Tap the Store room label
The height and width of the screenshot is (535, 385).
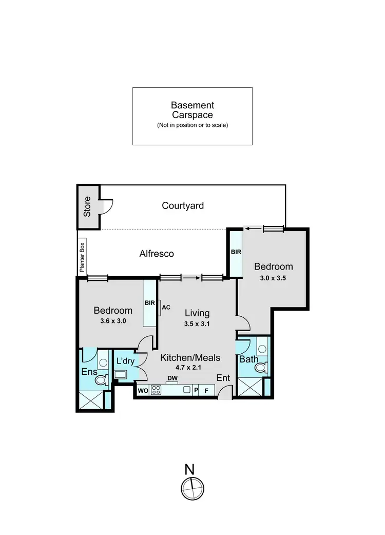click(87, 206)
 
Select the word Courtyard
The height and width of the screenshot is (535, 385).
click(183, 206)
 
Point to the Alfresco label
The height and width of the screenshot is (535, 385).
click(157, 254)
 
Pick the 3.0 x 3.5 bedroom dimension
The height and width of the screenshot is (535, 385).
click(274, 278)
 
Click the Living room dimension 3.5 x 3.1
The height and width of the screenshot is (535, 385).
click(197, 324)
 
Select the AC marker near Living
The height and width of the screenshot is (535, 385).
click(166, 308)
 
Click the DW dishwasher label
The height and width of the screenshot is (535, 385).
click(172, 378)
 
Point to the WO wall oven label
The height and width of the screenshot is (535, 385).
click(142, 390)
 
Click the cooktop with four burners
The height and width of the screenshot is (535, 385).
click(156, 390)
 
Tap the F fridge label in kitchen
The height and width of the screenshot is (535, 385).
click(207, 390)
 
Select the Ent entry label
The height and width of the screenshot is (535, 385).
click(223, 378)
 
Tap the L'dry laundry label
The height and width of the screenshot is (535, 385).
click(125, 361)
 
